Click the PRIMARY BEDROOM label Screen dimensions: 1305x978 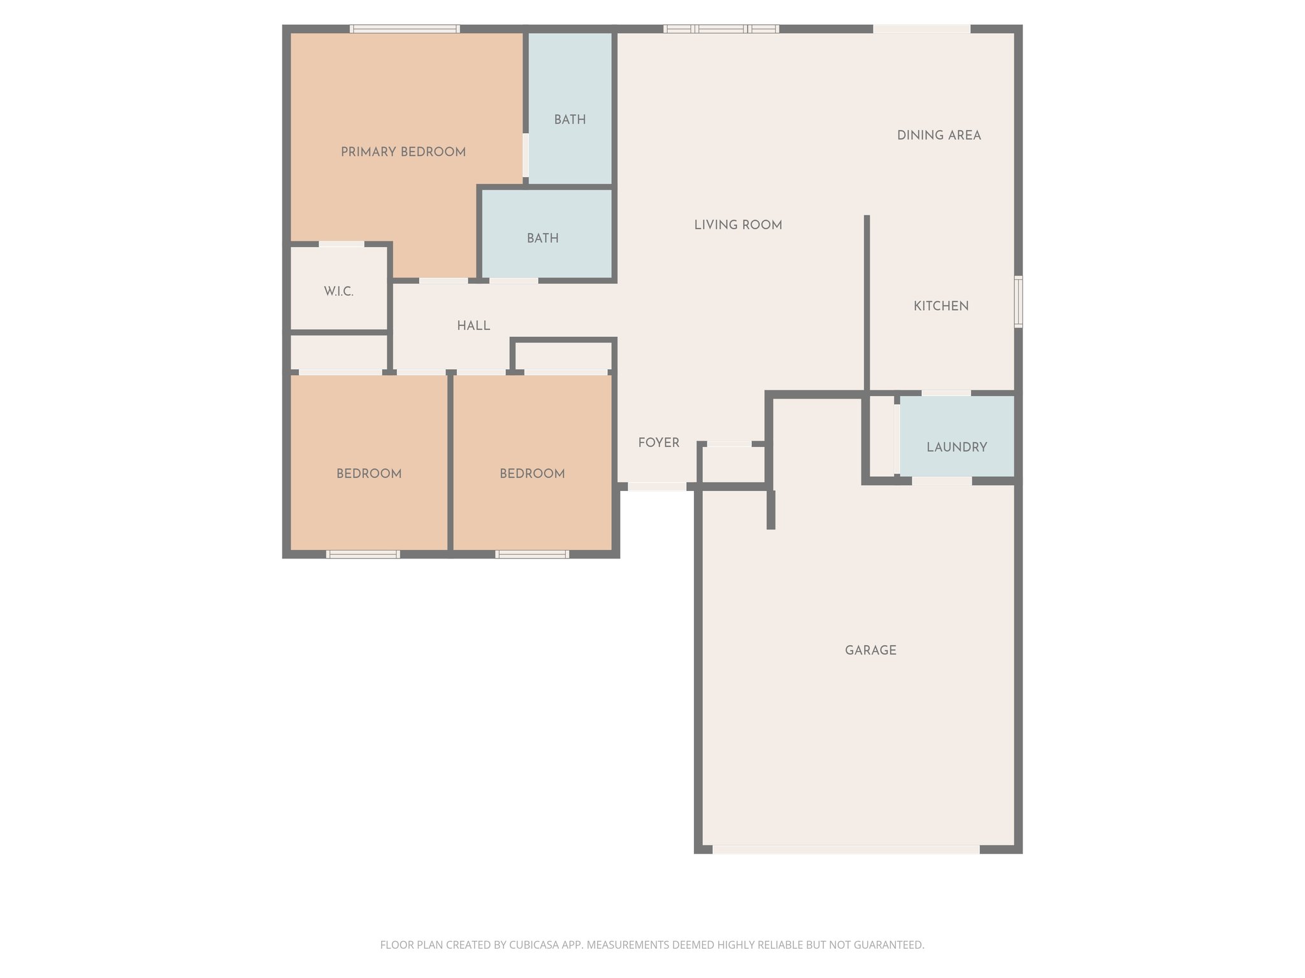point(403,152)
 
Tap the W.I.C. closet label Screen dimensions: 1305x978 point(338,292)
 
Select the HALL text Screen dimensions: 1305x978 point(473,326)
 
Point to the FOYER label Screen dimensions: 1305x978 point(659,443)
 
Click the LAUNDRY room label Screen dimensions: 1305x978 point(956,447)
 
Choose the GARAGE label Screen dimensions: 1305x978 point(870,650)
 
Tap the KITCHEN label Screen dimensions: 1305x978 point(941,306)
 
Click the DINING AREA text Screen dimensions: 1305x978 point(939,135)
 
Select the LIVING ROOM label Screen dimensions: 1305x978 point(738,225)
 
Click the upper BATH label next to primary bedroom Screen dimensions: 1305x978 point(570,120)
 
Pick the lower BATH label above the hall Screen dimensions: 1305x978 point(542,238)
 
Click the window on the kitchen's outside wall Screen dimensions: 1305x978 point(1018,302)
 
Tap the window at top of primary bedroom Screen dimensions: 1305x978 point(405,29)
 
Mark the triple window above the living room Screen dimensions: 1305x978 point(721,29)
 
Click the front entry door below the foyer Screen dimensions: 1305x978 point(657,486)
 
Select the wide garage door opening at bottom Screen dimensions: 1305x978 point(846,849)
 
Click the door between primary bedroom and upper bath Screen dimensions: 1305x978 point(526,155)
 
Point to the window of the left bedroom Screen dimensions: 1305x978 point(363,555)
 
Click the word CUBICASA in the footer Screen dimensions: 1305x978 point(535,945)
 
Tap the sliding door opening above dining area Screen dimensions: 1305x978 point(921,29)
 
